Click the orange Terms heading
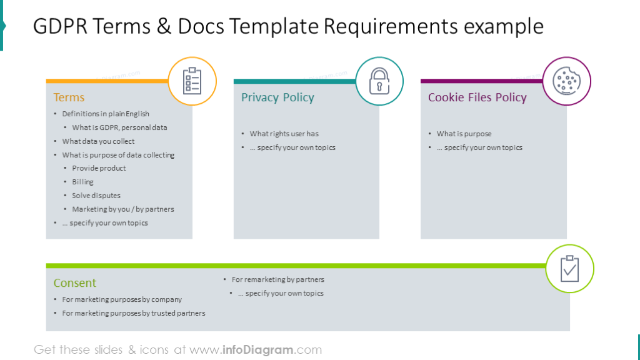click(x=69, y=97)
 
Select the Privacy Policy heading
click(x=277, y=97)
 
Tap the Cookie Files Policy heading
click(x=477, y=97)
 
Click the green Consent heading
click(x=75, y=283)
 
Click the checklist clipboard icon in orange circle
click(x=192, y=81)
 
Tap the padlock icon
click(x=379, y=81)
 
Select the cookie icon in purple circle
click(x=566, y=81)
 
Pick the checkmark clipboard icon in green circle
click(x=570, y=269)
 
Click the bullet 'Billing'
click(x=83, y=182)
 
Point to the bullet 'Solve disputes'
click(x=96, y=196)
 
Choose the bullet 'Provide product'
click(x=99, y=168)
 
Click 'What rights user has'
click(x=284, y=134)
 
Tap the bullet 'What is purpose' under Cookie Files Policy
click(x=464, y=134)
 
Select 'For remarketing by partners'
click(x=278, y=279)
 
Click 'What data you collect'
click(x=98, y=141)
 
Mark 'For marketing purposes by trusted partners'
click(x=134, y=313)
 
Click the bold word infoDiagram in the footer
click(x=258, y=350)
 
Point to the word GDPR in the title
click(x=61, y=26)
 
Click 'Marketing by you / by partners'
click(x=123, y=209)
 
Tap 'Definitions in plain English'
click(x=106, y=114)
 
